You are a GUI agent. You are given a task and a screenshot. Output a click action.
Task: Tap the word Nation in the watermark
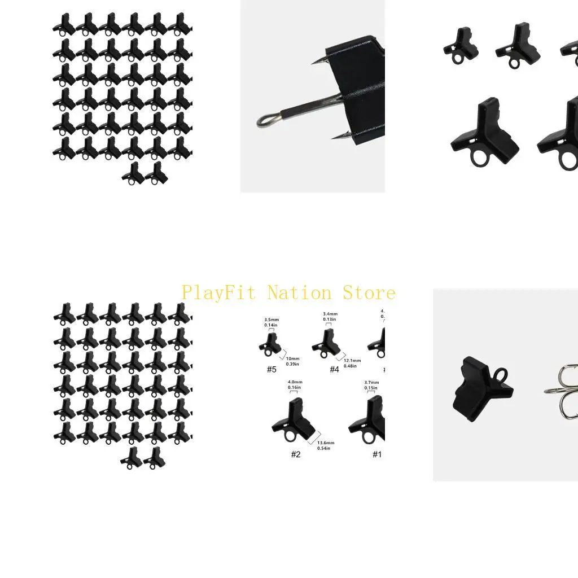pyautogui.click(x=299, y=293)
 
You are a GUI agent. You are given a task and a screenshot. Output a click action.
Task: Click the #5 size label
pyautogui.click(x=272, y=370)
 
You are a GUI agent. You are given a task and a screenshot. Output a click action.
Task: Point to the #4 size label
pyautogui.click(x=335, y=370)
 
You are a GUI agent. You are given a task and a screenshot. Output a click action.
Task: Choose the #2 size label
pyautogui.click(x=296, y=454)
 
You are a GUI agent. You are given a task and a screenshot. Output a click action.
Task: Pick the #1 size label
pyautogui.click(x=376, y=454)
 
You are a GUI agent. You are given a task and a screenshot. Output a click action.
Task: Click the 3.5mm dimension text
pyautogui.click(x=272, y=320)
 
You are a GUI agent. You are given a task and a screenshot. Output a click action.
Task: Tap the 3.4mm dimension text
pyautogui.click(x=330, y=314)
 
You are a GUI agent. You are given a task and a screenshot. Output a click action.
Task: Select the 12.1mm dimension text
pyautogui.click(x=352, y=361)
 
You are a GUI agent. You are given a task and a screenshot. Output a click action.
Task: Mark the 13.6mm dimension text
pyautogui.click(x=326, y=443)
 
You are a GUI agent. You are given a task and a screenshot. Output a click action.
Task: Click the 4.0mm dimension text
pyautogui.click(x=294, y=382)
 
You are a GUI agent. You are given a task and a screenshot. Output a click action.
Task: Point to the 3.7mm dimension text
pyautogui.click(x=371, y=383)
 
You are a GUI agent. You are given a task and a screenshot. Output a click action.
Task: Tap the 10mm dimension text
pyautogui.click(x=293, y=359)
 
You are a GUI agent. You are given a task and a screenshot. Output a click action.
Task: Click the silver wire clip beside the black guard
pyautogui.click(x=562, y=391)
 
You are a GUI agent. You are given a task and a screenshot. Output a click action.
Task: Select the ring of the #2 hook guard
pyautogui.click(x=290, y=436)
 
